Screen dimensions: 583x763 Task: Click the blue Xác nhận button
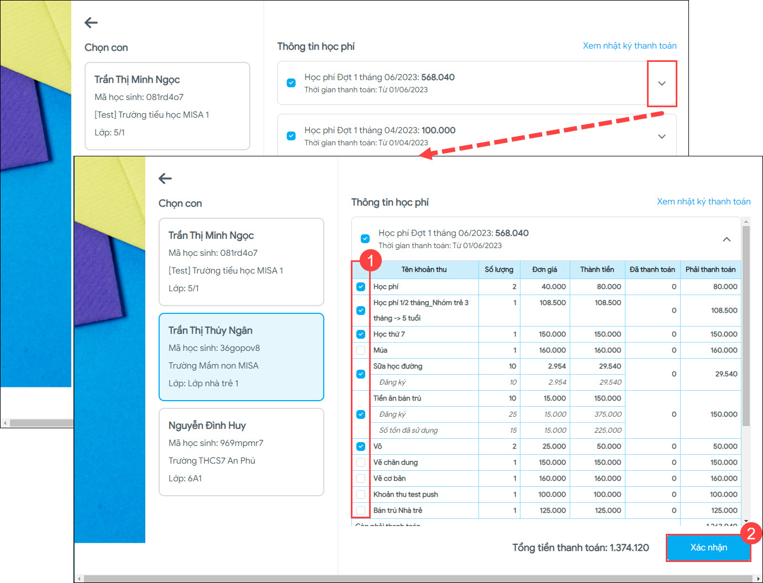[708, 548]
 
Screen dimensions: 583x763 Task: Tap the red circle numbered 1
[370, 260]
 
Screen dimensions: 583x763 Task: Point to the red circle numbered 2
[751, 533]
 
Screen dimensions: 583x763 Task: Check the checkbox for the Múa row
[361, 350]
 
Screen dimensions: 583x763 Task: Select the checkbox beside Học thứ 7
[361, 334]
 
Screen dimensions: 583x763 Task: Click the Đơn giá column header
[544, 270]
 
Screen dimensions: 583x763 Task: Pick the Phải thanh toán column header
[710, 270]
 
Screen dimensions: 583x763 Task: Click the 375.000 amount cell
[608, 414]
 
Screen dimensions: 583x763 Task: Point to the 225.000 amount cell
[608, 430]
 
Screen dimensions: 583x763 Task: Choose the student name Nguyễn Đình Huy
[207, 426]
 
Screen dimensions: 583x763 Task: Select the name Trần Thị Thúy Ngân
[211, 330]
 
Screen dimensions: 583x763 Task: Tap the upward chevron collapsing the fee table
[727, 239]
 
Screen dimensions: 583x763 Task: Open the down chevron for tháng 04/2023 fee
[662, 136]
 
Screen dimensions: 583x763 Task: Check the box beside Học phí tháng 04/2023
[291, 136]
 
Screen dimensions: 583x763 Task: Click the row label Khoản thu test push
[406, 495]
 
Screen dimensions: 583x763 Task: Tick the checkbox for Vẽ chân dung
[361, 463]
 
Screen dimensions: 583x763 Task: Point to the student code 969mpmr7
[241, 443]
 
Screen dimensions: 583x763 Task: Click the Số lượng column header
[499, 270]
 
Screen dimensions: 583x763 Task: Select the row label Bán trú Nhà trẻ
[398, 511]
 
